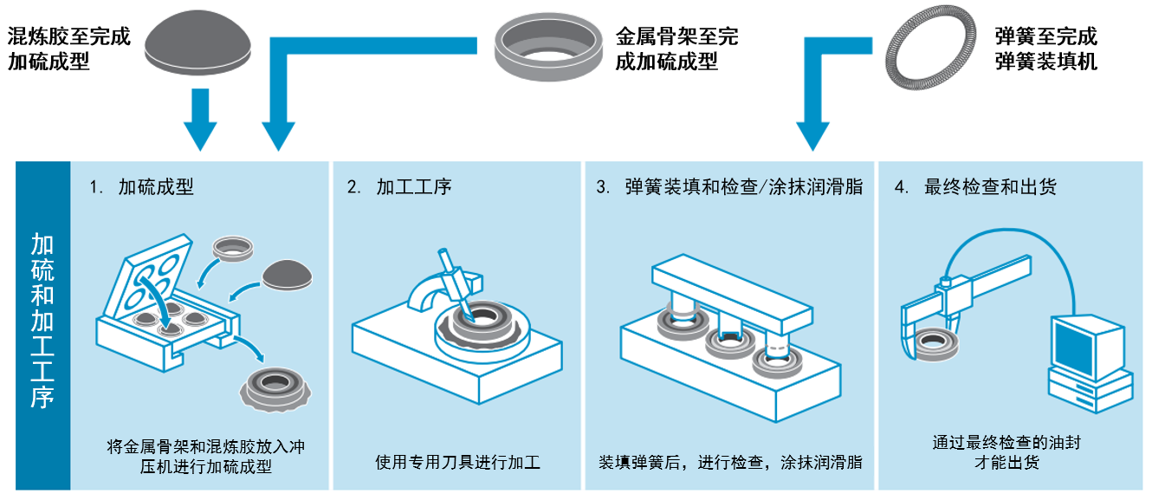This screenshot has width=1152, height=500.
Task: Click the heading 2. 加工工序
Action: [x=399, y=187]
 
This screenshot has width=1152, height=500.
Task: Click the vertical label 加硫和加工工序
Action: [x=42, y=321]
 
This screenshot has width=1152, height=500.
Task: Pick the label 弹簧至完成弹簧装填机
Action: [x=1046, y=49]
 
